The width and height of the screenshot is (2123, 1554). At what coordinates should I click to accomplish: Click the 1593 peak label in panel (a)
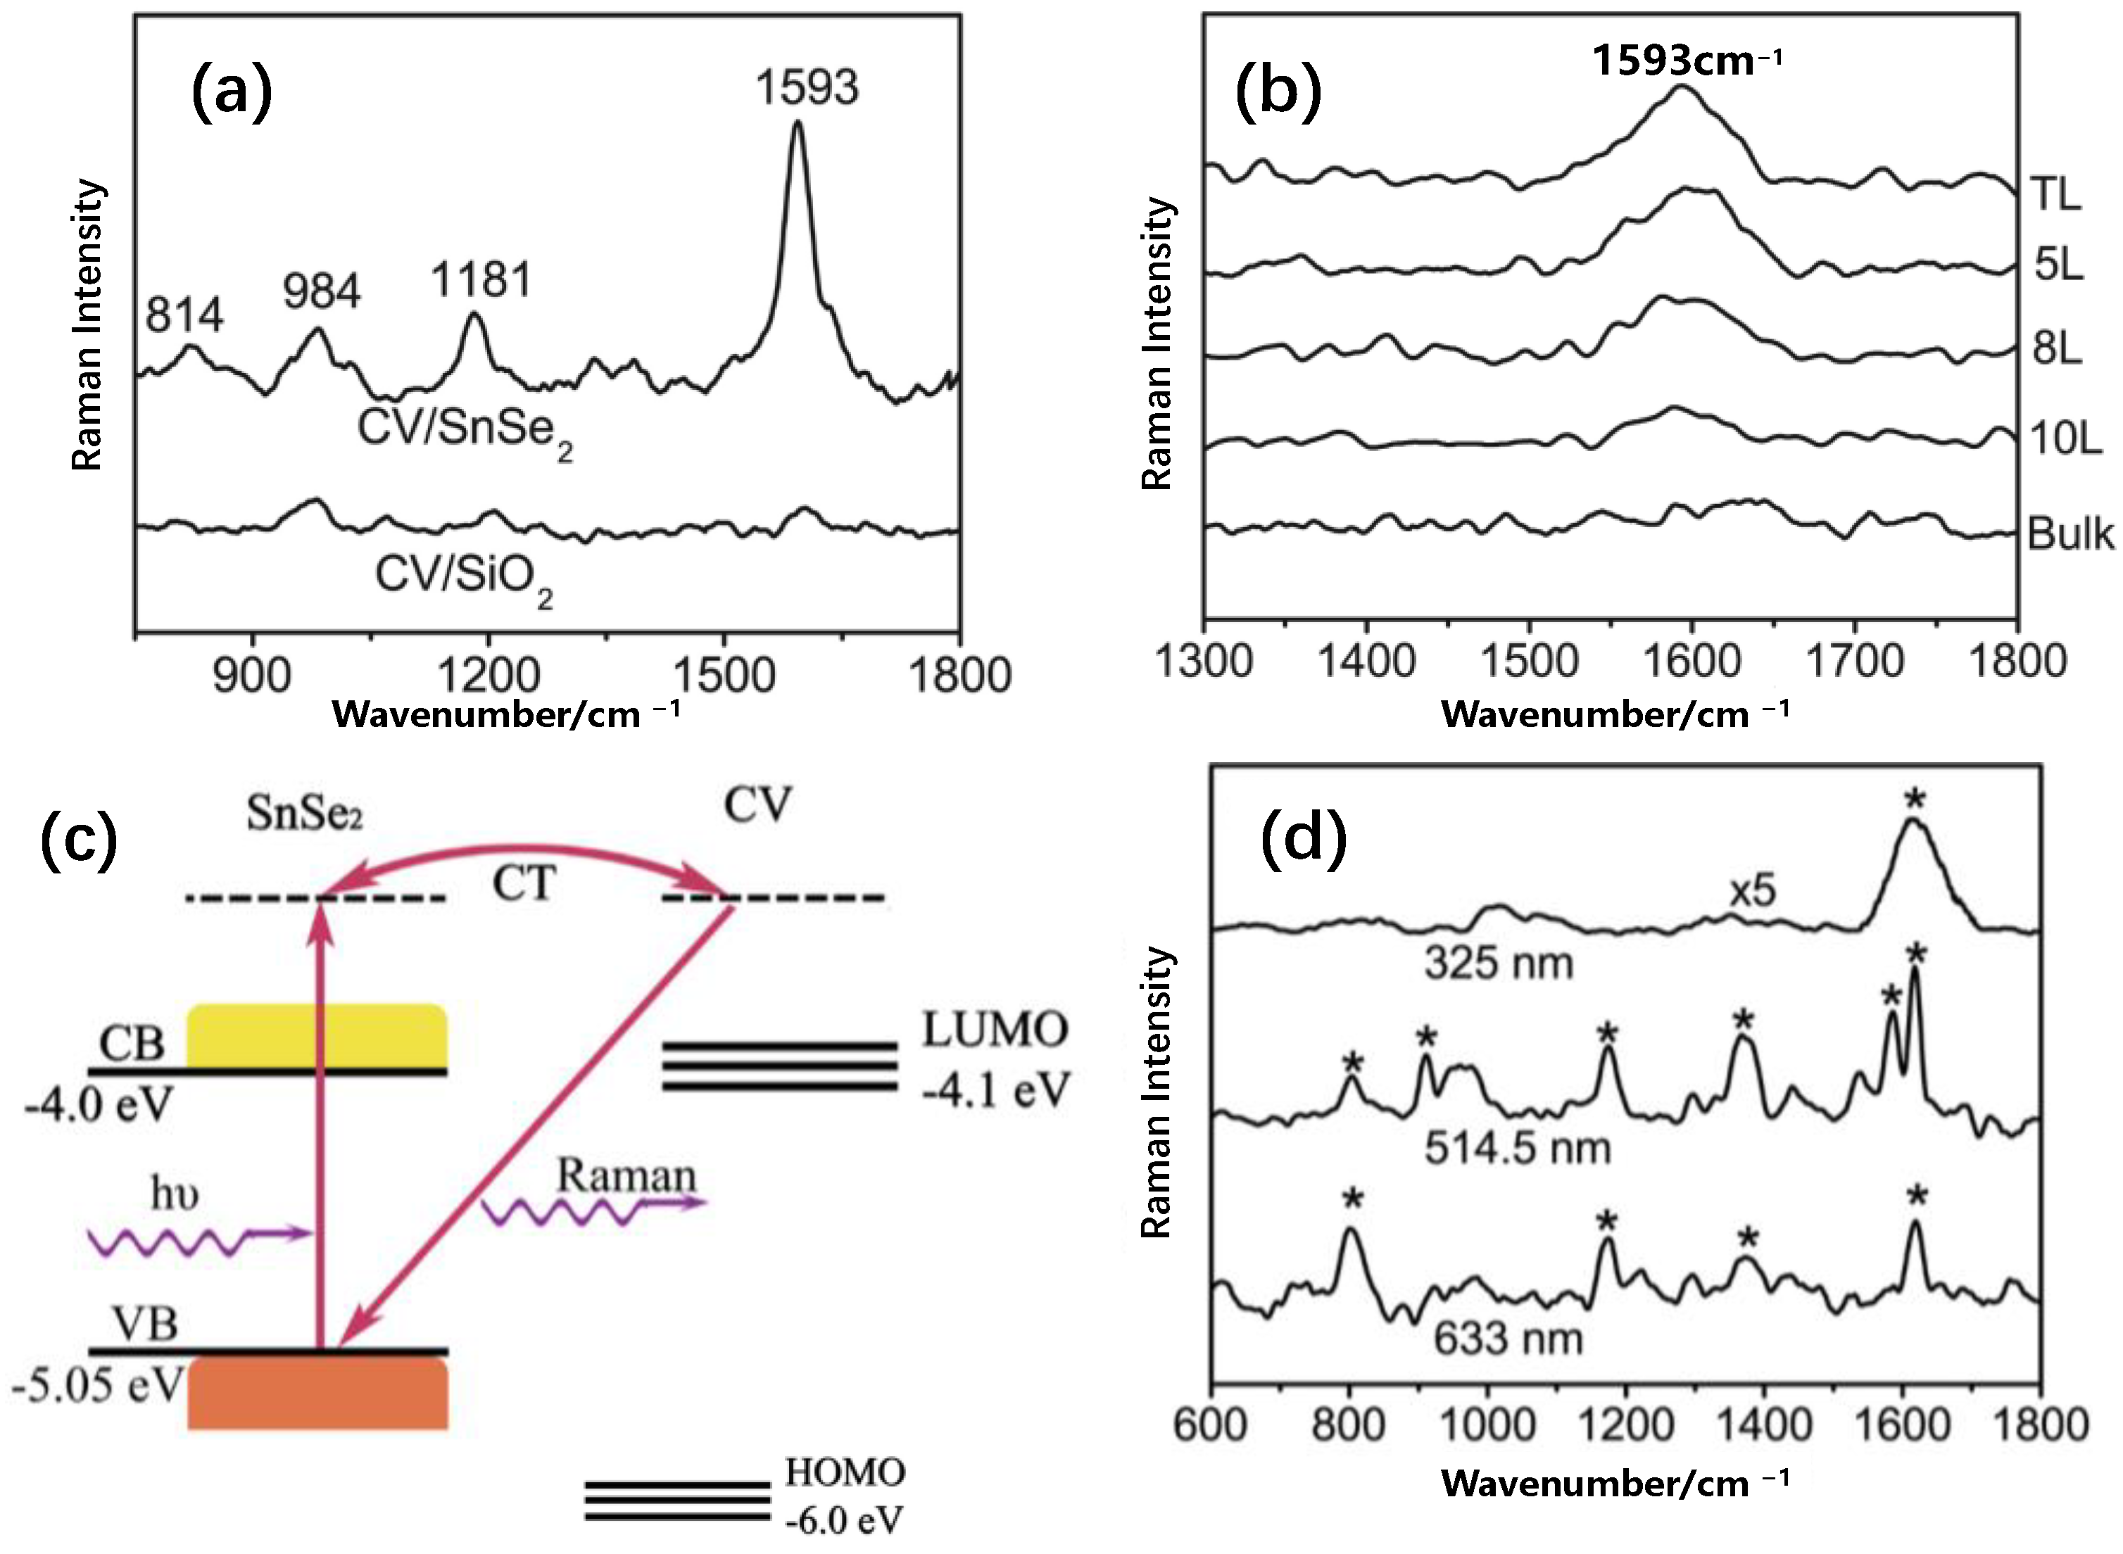tap(807, 87)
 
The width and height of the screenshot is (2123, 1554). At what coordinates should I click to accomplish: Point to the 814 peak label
tap(184, 315)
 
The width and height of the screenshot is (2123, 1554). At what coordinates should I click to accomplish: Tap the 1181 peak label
tap(481, 280)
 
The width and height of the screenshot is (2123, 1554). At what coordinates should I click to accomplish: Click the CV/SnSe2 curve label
tap(464, 431)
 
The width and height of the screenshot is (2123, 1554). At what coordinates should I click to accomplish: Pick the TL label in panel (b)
tap(2056, 195)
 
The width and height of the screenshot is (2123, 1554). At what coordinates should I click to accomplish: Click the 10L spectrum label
tap(2065, 438)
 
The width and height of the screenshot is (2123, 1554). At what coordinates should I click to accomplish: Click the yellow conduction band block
tap(317, 1036)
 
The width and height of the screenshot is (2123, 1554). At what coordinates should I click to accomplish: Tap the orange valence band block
tap(317, 1395)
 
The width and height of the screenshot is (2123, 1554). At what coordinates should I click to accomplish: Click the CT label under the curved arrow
tap(524, 883)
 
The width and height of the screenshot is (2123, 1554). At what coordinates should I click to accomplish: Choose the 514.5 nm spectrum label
tap(1516, 1149)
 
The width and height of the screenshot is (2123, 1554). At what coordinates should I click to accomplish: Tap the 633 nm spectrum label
tap(1508, 1338)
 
